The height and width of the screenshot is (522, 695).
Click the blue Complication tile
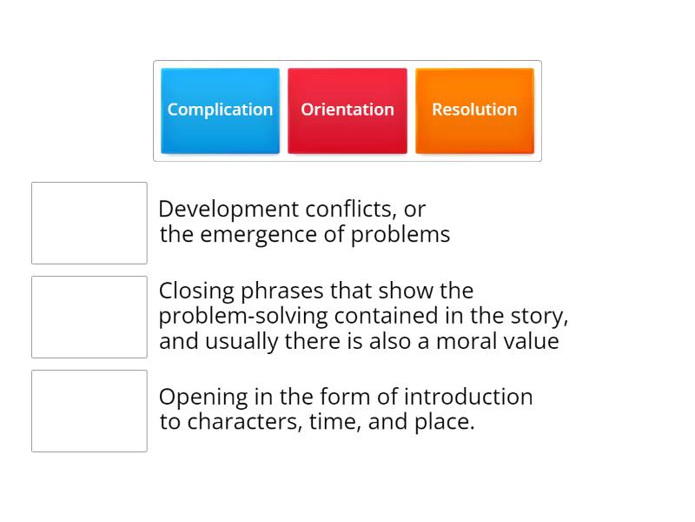pos(220,110)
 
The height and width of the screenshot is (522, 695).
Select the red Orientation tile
pos(347,110)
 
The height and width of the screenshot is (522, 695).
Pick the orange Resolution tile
pos(474,110)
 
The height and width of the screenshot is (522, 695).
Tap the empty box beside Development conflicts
pos(89,223)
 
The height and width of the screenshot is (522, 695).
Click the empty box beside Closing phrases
pos(89,317)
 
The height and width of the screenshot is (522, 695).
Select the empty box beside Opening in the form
pos(89,411)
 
